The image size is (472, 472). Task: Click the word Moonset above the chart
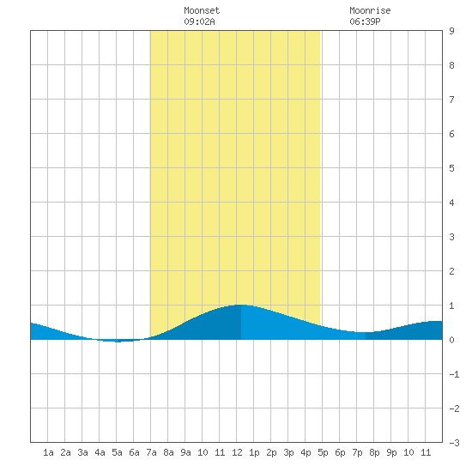(202, 10)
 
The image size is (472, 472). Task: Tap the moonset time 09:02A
(199, 21)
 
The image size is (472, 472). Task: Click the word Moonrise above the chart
(370, 10)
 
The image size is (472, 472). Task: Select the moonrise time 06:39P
(365, 21)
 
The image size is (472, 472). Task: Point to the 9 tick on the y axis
(451, 31)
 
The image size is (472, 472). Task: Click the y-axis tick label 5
(451, 168)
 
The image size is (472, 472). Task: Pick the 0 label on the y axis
(451, 340)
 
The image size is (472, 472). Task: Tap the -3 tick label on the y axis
(454, 443)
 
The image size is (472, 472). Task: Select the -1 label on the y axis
(454, 374)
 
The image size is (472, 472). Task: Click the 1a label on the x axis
(48, 452)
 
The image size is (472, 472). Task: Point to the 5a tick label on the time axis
(117, 452)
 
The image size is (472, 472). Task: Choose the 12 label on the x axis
(237, 452)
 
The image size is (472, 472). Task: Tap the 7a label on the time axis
(151, 452)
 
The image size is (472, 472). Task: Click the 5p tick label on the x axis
(323, 452)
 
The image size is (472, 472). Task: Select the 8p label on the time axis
(374, 452)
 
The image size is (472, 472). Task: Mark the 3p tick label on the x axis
(288, 452)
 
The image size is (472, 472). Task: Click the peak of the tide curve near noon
(241, 305)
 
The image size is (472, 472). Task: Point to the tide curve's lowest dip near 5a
(117, 342)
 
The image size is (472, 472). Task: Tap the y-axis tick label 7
(451, 100)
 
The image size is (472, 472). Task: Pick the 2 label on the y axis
(451, 271)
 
